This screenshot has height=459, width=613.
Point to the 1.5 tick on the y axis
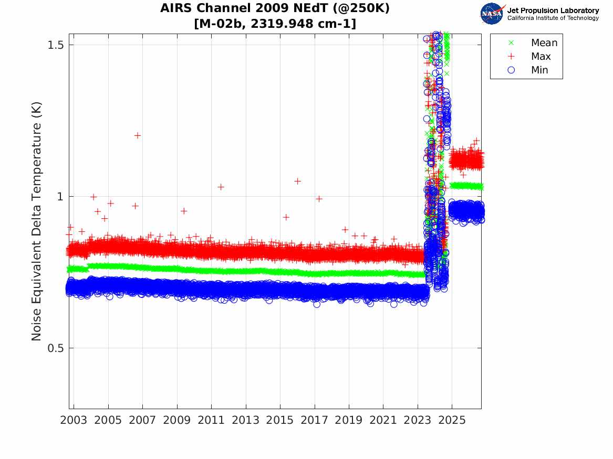pyautogui.click(x=56, y=45)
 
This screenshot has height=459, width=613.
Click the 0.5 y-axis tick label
pyautogui.click(x=56, y=348)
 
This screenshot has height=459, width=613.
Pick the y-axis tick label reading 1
pyautogui.click(x=60, y=196)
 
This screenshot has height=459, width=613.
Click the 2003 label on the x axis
pyautogui.click(x=74, y=420)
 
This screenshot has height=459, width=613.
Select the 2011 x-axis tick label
pyautogui.click(x=211, y=420)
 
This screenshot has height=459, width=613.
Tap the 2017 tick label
pyautogui.click(x=314, y=420)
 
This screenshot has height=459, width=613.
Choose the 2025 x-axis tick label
pyautogui.click(x=452, y=420)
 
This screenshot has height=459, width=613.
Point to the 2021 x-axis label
pyautogui.click(x=383, y=420)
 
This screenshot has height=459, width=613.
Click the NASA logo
pyautogui.click(x=492, y=14)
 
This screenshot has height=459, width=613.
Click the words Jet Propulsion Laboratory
pyautogui.click(x=553, y=10)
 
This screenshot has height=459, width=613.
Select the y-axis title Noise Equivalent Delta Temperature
pyautogui.click(x=36, y=221)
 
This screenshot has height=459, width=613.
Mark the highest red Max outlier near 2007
pyautogui.click(x=138, y=135)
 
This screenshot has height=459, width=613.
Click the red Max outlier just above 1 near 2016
pyautogui.click(x=297, y=181)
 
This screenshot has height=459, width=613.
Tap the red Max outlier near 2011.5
pyautogui.click(x=221, y=187)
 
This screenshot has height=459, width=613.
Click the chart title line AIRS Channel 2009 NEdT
pyautogui.click(x=275, y=8)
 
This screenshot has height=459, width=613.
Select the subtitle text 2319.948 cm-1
pyautogui.click(x=304, y=24)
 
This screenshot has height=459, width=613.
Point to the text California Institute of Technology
pyautogui.click(x=553, y=18)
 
